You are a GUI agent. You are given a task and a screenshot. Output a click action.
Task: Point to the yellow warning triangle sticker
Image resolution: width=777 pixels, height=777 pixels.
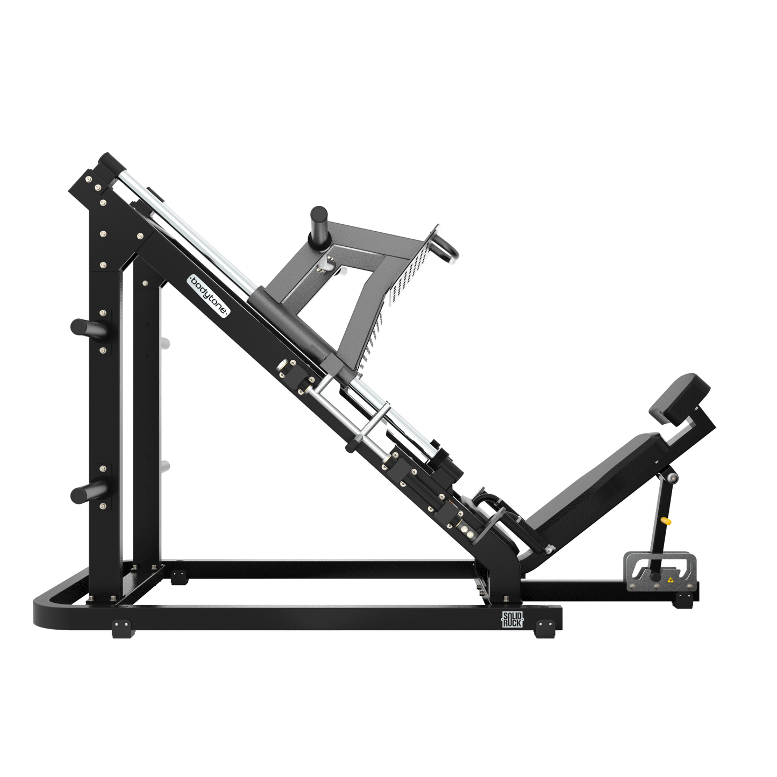(670, 580)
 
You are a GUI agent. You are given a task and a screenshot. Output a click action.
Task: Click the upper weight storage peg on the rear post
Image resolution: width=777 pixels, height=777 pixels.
(86, 326)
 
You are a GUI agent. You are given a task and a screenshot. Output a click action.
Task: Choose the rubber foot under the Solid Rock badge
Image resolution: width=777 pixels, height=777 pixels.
(545, 628)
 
